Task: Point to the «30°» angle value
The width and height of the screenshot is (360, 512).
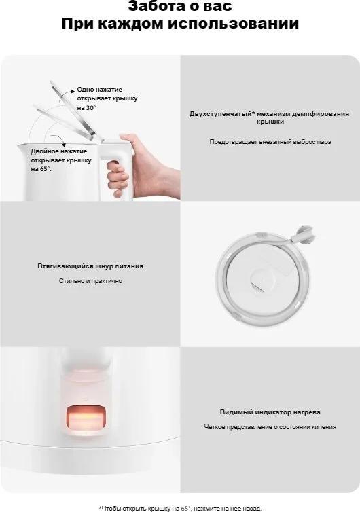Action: (91, 107)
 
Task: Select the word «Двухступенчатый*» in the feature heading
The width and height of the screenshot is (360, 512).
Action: (222, 114)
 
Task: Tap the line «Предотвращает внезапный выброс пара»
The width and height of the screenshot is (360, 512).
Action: (270, 142)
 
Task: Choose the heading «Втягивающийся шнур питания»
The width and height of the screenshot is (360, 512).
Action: (90, 266)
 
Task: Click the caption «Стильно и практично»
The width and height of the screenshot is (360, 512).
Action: (90, 281)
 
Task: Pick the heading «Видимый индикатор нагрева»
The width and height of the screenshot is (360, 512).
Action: (270, 412)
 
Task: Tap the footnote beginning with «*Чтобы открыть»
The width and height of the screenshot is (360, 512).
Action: (180, 509)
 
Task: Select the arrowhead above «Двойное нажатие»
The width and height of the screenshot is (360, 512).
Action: (64, 145)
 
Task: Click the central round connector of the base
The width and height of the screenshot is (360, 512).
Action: (262, 280)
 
